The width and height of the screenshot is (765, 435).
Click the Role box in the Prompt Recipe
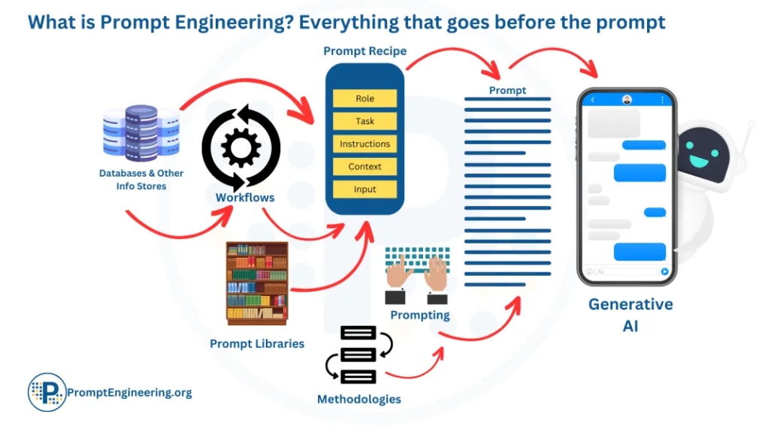364,98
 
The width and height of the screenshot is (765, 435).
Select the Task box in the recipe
364,121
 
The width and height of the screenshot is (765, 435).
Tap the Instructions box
364,143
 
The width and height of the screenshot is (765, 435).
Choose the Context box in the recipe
364,167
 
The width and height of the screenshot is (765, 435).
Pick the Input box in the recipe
364,189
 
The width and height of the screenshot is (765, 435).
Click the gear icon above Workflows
240,148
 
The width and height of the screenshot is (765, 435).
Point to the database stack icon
141,134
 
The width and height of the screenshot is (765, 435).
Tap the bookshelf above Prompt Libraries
257,283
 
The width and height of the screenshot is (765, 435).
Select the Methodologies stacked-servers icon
358,354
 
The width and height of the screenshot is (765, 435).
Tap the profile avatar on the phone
627,100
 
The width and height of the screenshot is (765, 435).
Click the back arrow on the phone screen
593,100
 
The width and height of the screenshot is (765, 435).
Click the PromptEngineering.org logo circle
47,392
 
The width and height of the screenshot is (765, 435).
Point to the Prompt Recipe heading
364,52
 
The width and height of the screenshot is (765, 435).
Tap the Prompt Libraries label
257,343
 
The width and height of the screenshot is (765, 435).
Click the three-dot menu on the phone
662,100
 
